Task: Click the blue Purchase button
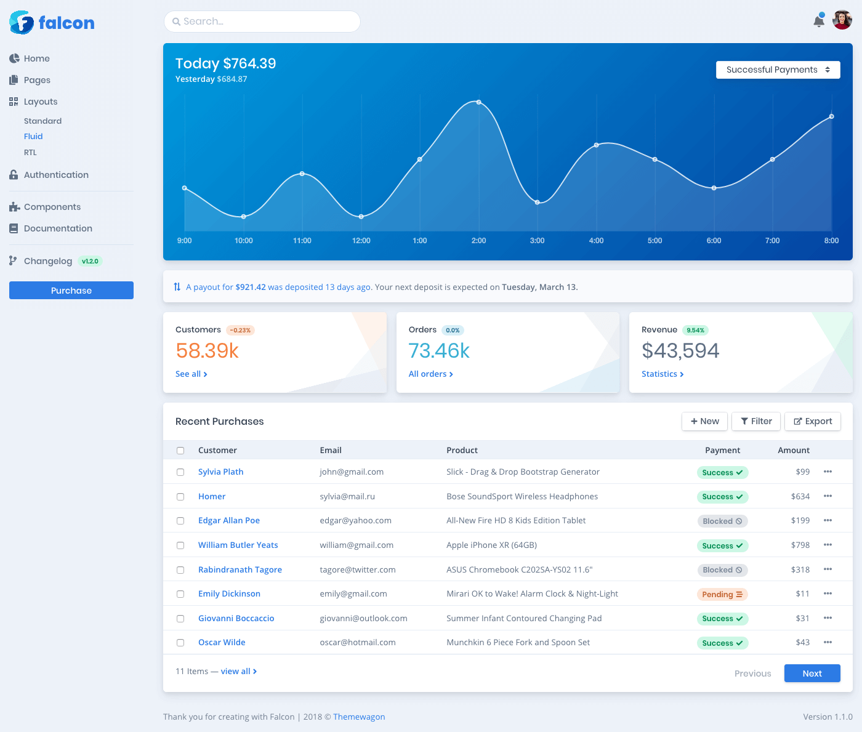[71, 291]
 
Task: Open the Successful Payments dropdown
[778, 70]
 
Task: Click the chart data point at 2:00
[478, 102]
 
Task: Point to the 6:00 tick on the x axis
[714, 241]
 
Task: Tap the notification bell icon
[819, 21]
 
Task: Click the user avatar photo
[842, 20]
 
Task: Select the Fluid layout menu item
[33, 137]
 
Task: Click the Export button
[813, 422]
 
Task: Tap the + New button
[704, 422]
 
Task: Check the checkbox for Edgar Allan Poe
[180, 521]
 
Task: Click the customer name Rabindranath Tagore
[240, 570]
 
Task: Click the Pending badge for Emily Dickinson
[722, 595]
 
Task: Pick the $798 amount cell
[800, 545]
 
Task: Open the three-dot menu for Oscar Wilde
[828, 643]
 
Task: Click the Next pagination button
[812, 674]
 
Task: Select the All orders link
[430, 374]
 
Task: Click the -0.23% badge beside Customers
[240, 331]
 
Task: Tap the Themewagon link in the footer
[359, 717]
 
